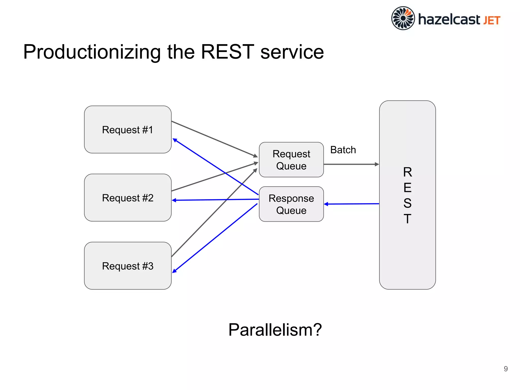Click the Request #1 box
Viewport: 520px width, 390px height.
128,129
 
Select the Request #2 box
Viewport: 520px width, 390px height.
128,198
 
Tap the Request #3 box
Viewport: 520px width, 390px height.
128,266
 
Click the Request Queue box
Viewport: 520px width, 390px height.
291,160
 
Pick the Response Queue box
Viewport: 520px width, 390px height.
291,204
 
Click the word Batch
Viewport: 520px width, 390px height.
343,150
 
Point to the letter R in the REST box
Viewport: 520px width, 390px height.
408,172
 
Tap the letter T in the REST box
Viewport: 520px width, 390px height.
408,219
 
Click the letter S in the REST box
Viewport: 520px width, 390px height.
408,203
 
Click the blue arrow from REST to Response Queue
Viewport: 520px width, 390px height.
352,204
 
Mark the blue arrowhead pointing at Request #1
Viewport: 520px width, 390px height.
175,140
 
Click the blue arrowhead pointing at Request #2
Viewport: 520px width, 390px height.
174,200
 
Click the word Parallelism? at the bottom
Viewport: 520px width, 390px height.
275,330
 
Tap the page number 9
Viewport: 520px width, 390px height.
506,369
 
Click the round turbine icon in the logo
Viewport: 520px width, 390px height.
403,18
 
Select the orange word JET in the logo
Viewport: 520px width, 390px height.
492,20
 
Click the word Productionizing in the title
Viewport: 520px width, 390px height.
92,52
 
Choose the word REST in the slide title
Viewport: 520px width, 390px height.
227,52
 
